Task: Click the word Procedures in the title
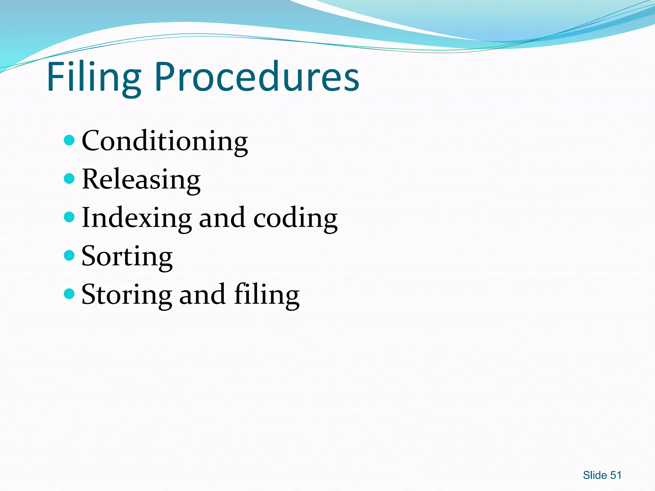257,77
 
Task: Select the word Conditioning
165,141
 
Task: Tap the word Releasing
141,180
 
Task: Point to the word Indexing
137,218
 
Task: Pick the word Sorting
127,256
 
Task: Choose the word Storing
127,295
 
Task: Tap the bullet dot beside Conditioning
69,140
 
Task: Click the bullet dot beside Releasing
69,179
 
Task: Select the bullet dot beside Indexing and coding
69,217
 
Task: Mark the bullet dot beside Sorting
69,255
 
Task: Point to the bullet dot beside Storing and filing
69,294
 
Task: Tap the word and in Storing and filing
202,295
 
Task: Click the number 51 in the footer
616,475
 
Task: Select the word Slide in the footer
595,475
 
